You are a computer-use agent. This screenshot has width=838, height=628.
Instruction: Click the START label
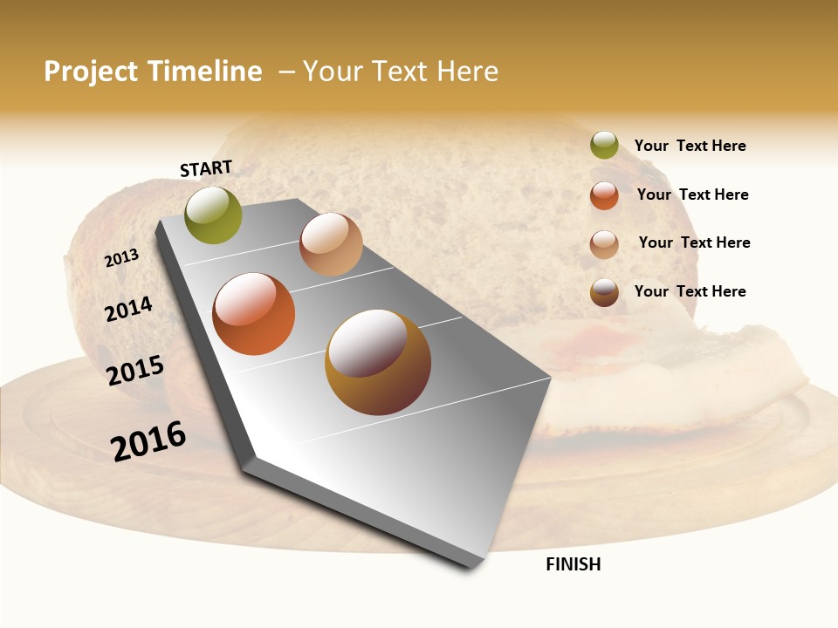[206, 168]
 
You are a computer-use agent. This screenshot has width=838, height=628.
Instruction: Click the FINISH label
[574, 564]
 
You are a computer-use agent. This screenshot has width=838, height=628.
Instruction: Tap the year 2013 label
[122, 258]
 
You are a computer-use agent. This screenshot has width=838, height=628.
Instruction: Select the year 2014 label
[129, 309]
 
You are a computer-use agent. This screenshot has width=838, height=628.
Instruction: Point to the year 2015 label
[135, 371]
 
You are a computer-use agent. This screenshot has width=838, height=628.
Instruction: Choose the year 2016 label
[148, 440]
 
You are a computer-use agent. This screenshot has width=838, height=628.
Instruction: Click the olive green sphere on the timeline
[213, 215]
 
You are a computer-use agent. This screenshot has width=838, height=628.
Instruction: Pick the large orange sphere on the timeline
[254, 314]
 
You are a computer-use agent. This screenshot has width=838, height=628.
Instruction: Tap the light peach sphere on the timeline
[331, 244]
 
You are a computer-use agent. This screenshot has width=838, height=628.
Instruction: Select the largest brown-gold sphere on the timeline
[377, 362]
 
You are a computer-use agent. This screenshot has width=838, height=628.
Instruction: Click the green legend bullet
[604, 145]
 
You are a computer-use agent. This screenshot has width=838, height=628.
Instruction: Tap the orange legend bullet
[604, 195]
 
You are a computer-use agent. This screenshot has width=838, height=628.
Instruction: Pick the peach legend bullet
[604, 244]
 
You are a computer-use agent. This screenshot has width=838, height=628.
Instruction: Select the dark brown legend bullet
[604, 292]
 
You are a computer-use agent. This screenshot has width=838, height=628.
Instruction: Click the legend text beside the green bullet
[690, 147]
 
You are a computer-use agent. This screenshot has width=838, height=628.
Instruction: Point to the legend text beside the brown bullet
[690, 291]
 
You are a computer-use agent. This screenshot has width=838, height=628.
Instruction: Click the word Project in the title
[92, 72]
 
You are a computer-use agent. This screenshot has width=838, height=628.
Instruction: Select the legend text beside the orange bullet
[692, 195]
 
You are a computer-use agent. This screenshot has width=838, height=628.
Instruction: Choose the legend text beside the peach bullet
[694, 242]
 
